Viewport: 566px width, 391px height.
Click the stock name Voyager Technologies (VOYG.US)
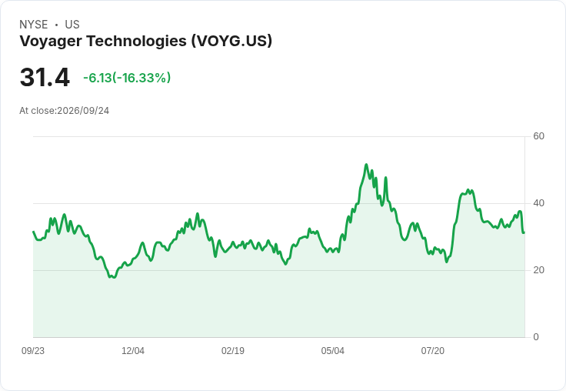point(145,41)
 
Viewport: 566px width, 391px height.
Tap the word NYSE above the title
point(34,25)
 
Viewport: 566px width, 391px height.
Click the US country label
point(72,25)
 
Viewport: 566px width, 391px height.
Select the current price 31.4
point(45,77)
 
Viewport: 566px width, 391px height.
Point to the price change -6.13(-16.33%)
point(127,78)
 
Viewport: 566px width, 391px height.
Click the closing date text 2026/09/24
point(83,111)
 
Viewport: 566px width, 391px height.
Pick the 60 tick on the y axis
point(538,136)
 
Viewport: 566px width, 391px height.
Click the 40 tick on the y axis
point(538,203)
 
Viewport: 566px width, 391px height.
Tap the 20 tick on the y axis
point(538,270)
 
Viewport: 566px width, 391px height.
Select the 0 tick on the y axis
point(536,337)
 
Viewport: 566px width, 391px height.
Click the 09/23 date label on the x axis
point(33,351)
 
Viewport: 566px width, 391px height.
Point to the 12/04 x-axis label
point(133,351)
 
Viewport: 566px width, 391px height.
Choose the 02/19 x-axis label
point(233,351)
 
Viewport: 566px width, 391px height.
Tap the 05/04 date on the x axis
point(333,351)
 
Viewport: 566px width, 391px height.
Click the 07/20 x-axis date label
point(433,351)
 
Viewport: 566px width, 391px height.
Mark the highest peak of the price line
point(366,165)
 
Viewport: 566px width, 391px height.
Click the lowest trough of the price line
point(115,278)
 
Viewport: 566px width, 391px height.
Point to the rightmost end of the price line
point(524,232)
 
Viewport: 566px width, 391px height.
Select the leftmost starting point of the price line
point(34,232)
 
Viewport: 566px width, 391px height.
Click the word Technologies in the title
point(136,41)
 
